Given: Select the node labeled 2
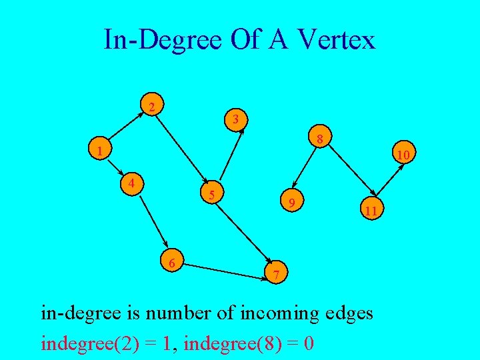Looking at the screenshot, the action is [x=153, y=107].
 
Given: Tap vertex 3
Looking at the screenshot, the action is [x=237, y=120].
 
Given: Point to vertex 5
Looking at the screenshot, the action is [x=211, y=195].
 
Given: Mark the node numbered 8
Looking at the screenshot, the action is [x=320, y=139].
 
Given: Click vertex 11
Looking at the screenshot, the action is [x=371, y=211].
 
